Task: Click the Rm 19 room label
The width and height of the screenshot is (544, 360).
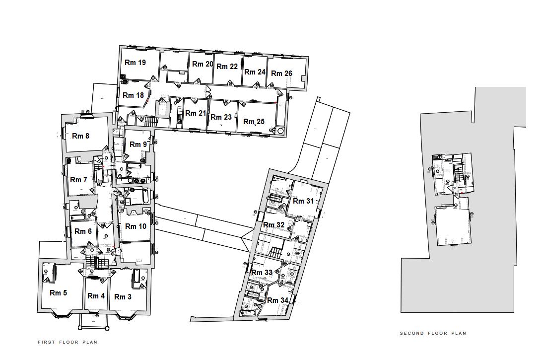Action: tap(135, 63)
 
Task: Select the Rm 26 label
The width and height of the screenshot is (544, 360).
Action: tap(281, 73)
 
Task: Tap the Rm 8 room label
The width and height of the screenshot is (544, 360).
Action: tap(80, 136)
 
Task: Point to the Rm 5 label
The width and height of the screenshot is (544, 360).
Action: tap(58, 293)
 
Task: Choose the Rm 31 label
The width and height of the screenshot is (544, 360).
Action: tap(303, 201)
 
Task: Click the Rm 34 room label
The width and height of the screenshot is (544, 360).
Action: tap(277, 300)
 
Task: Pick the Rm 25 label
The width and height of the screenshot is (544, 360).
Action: tap(254, 122)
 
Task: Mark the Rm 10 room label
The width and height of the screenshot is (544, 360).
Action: tap(136, 226)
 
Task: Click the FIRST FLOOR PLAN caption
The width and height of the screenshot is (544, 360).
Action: tap(68, 342)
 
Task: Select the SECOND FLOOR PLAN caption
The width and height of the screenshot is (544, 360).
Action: tap(433, 333)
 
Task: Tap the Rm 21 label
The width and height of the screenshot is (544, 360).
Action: tap(195, 113)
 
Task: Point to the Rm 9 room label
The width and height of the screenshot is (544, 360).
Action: tap(138, 144)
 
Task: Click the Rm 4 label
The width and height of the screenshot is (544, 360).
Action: tap(96, 296)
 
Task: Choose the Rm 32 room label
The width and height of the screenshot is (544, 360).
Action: tap(273, 225)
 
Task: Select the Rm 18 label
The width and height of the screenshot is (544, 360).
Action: tap(133, 95)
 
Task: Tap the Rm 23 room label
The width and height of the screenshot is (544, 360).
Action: tap(221, 117)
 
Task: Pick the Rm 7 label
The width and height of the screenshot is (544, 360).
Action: tap(78, 180)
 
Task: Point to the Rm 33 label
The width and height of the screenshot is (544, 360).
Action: tap(262, 273)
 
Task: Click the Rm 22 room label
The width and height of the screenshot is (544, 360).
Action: tap(227, 67)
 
